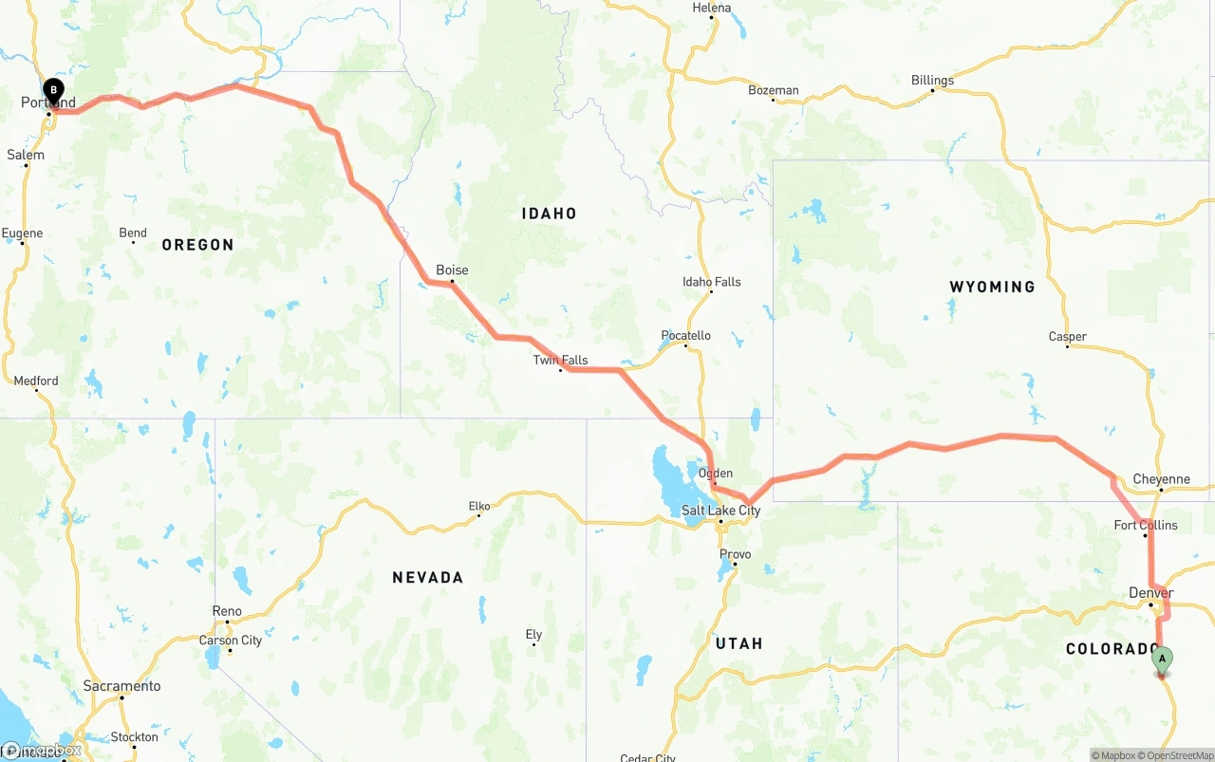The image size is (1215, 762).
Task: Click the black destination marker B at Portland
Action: click(x=54, y=92)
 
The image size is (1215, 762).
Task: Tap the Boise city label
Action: click(x=452, y=270)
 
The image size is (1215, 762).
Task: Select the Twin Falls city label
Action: click(x=560, y=360)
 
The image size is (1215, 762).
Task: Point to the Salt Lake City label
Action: click(x=720, y=511)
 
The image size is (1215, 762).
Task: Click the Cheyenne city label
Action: click(x=1161, y=479)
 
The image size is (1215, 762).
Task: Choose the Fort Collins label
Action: click(x=1146, y=525)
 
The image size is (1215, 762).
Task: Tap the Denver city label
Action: click(x=1150, y=593)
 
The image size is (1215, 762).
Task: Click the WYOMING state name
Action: click(x=992, y=287)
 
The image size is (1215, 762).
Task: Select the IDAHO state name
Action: click(x=549, y=214)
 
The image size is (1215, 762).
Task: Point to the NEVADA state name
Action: click(x=427, y=577)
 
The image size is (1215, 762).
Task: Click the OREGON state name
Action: click(x=197, y=245)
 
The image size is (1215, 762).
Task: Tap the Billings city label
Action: click(x=932, y=81)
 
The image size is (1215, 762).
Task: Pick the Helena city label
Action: click(x=712, y=8)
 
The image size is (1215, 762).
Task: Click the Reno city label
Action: click(x=227, y=611)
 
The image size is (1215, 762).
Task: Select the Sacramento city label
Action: click(x=121, y=686)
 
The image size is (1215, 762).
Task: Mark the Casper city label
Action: click(x=1068, y=337)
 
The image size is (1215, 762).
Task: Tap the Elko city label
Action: click(x=479, y=506)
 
